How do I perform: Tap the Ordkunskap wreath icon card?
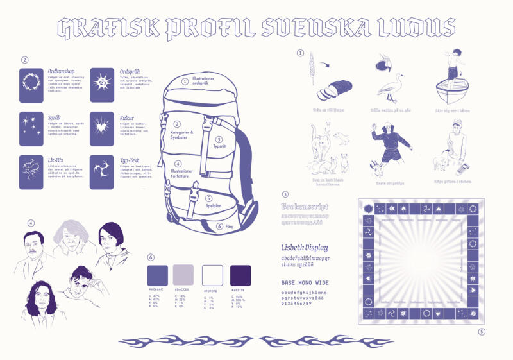pyautogui.click(x=30, y=85)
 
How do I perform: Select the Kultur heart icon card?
pyautogui.click(x=101, y=126)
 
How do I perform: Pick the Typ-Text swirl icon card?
pyautogui.click(x=101, y=171)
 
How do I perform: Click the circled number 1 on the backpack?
pyautogui.click(x=185, y=81)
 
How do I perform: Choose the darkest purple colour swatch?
pyautogui.click(x=240, y=275)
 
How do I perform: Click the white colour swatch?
pyautogui.click(x=212, y=275)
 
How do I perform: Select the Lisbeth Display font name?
pyautogui.click(x=305, y=247)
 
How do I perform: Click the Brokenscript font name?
pyautogui.click(x=305, y=207)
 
